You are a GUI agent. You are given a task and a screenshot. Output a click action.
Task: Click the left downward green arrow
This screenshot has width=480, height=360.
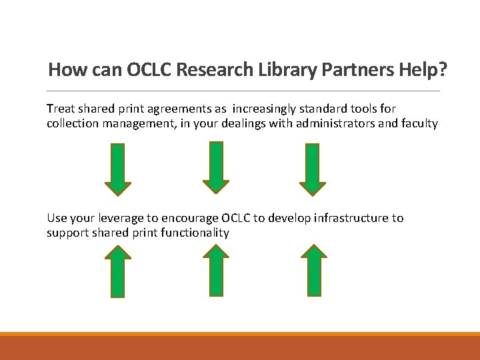coord(118,169)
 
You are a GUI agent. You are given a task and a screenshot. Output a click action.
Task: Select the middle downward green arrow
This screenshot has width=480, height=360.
coord(216,167)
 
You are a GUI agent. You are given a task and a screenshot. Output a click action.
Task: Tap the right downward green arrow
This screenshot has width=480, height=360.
coord(313,169)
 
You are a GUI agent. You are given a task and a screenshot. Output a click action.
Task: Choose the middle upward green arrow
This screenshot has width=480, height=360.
coord(216,270)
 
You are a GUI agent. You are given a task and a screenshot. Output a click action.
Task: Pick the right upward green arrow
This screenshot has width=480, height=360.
coord(314,270)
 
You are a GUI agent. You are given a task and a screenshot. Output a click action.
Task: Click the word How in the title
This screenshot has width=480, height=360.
coord(64,69)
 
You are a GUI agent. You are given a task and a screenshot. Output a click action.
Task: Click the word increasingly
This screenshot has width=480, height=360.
coord(271,109)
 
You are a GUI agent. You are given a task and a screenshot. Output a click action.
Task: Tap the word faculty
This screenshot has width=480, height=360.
coord(418,123)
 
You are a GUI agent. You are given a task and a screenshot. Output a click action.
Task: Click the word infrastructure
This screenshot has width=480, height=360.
coord(351,218)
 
